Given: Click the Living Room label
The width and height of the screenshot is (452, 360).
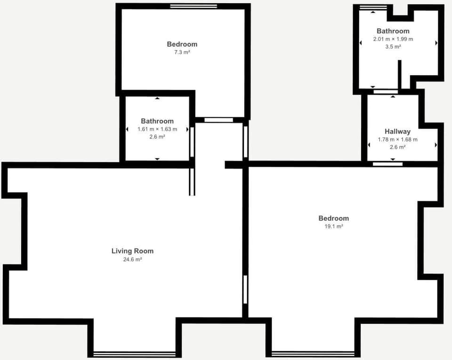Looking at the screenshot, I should [x=132, y=251].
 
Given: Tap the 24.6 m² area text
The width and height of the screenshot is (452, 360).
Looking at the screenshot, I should [x=132, y=259].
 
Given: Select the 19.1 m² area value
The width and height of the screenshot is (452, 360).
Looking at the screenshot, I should [x=333, y=227].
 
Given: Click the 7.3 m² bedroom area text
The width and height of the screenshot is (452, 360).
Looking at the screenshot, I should [x=182, y=52].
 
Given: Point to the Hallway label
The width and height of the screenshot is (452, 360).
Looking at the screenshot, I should [x=397, y=131].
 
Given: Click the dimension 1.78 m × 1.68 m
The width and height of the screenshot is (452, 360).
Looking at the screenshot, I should [x=397, y=139].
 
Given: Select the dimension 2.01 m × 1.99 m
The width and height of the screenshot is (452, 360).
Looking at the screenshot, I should [x=393, y=39].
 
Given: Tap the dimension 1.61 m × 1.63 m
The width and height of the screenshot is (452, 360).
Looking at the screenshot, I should [x=157, y=129].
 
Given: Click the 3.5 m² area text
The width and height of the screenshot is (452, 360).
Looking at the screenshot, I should [x=393, y=47].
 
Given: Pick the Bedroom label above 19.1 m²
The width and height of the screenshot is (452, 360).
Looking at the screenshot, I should [x=333, y=218].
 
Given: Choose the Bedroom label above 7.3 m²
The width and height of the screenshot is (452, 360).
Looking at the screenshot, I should [x=182, y=44].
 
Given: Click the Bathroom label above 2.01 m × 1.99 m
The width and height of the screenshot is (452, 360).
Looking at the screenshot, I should [x=393, y=31].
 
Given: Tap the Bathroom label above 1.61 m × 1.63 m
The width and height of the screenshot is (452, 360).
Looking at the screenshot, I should [x=157, y=121].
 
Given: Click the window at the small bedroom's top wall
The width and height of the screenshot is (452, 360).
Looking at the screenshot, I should [x=194, y=6].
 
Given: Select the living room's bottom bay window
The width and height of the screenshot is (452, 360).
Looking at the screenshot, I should [x=135, y=353].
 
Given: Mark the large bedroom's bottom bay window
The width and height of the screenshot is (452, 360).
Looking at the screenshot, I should [x=313, y=353].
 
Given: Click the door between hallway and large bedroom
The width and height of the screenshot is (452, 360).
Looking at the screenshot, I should [x=387, y=164].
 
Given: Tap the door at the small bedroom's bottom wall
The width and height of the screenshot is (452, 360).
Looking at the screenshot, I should [x=219, y=120].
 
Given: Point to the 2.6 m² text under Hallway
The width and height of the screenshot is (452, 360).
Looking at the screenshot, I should [x=397, y=147].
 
